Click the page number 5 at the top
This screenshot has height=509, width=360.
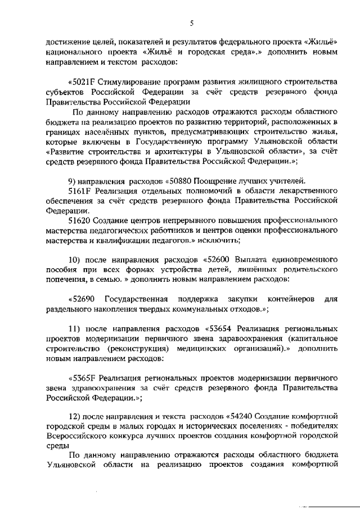point(191,23)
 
